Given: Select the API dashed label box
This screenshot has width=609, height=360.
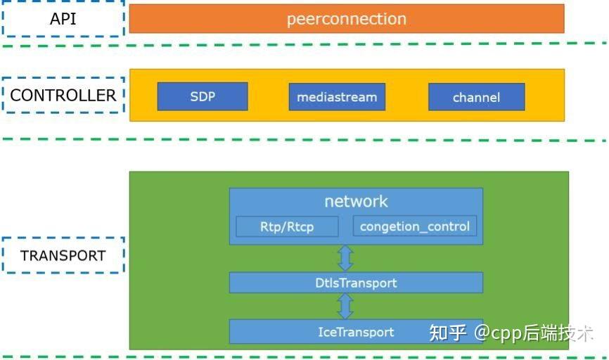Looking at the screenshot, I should click(x=63, y=19).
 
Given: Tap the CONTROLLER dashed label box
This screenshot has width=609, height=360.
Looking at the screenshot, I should click(x=63, y=96).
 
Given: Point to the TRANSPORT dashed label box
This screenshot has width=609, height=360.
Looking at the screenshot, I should click(x=63, y=255).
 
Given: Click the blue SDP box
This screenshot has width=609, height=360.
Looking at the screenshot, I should click(x=203, y=97).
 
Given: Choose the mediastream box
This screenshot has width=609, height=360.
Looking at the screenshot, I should click(x=337, y=97).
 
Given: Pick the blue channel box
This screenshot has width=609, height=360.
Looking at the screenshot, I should click(x=476, y=98).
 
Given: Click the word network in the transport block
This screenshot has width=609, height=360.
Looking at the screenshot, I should click(x=356, y=202).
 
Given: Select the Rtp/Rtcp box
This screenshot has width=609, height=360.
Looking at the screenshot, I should click(x=287, y=226).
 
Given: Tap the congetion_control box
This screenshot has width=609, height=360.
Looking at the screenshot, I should click(x=415, y=226).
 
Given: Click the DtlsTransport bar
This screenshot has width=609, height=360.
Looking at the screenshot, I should click(x=356, y=283).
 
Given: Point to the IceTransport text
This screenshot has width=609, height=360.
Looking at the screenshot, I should click(x=356, y=332).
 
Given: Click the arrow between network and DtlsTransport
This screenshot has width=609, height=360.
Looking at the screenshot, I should click(x=345, y=258).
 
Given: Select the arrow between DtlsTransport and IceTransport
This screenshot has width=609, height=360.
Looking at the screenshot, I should click(x=345, y=306).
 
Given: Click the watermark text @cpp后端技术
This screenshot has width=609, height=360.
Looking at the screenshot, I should click(x=533, y=333).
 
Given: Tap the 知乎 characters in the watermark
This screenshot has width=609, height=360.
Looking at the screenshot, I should click(x=448, y=333).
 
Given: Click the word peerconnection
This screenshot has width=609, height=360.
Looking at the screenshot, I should click(x=346, y=19).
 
